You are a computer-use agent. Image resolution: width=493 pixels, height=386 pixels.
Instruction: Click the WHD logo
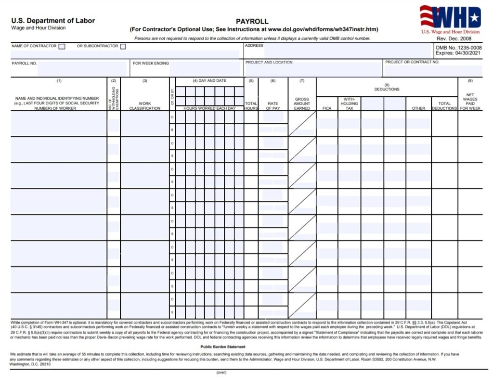tap(450, 18)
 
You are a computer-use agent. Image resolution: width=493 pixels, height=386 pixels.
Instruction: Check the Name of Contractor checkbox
tap(62, 47)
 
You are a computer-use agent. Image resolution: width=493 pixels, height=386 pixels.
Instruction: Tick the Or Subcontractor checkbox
tap(123, 47)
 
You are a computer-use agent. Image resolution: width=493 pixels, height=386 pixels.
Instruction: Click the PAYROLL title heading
tap(252, 21)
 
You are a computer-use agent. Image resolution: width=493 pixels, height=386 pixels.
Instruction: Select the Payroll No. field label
tap(24, 63)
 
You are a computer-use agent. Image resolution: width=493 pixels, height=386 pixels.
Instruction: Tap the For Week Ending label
tap(151, 63)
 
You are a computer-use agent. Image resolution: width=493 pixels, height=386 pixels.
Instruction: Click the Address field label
tap(254, 46)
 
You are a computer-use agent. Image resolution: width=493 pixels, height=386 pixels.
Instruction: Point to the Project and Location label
tap(269, 63)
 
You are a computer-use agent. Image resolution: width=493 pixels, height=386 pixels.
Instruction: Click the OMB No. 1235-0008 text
tap(458, 48)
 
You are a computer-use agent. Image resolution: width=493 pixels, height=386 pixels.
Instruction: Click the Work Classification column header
tap(144, 106)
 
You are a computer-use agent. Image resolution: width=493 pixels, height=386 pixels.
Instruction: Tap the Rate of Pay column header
tap(273, 106)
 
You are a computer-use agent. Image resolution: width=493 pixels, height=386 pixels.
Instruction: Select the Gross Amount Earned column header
tap(302, 104)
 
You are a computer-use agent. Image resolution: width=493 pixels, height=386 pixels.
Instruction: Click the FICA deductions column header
tap(327, 108)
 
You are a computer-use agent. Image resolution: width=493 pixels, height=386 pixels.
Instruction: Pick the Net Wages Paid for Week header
tap(470, 102)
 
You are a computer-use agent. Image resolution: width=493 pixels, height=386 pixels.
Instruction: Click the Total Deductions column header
tap(444, 106)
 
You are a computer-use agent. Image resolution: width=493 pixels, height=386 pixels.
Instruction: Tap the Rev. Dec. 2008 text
tap(454, 39)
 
